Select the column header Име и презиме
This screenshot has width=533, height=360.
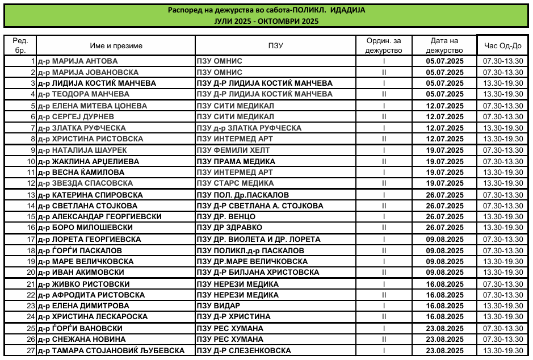click(x=116, y=45)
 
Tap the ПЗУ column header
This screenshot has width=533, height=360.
click(x=275, y=45)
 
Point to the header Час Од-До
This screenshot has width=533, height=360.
click(x=502, y=45)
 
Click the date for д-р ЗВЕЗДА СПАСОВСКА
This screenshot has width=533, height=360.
click(x=444, y=183)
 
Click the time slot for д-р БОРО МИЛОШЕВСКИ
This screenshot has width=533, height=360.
click(x=502, y=228)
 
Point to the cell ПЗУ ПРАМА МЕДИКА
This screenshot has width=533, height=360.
click(x=236, y=162)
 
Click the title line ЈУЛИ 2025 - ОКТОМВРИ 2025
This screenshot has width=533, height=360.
click(x=266, y=21)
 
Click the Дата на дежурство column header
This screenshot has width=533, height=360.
click(x=444, y=45)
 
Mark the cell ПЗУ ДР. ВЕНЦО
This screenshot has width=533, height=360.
click(x=226, y=217)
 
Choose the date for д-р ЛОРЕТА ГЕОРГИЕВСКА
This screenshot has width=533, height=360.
click(x=444, y=240)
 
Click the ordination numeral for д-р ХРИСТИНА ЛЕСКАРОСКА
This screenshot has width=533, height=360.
click(x=384, y=317)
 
